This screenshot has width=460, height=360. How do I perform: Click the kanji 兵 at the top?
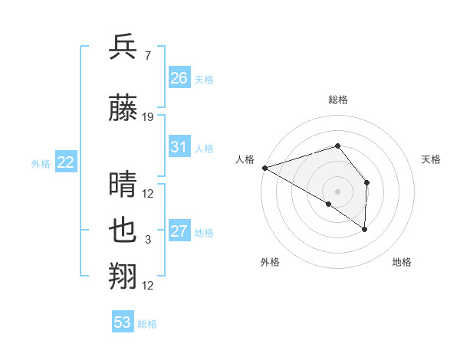click(x=123, y=47)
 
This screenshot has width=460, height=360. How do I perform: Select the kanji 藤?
click(x=123, y=110)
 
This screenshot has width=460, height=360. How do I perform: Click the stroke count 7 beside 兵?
click(x=147, y=56)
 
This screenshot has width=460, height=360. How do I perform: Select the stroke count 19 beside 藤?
click(x=148, y=117)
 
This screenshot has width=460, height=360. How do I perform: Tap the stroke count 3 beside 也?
click(x=148, y=240)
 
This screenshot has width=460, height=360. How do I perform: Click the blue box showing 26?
click(x=179, y=77)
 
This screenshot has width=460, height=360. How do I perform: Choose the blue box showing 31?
click(x=179, y=147)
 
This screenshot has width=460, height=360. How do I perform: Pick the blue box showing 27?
click(x=179, y=231)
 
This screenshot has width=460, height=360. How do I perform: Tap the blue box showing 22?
click(x=66, y=162)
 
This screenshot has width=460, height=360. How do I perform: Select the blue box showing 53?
click(x=123, y=322)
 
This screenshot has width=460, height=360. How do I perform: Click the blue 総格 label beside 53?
click(x=147, y=324)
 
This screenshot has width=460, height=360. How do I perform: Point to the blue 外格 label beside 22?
click(x=41, y=163)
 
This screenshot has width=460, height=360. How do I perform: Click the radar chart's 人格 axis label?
click(x=245, y=159)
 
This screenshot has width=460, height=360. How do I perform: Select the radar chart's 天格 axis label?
click(x=432, y=159)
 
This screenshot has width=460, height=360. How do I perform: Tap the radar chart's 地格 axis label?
click(x=402, y=262)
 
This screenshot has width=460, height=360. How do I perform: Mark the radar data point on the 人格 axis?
click(x=264, y=168)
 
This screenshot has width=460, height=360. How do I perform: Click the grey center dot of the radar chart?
click(x=337, y=191)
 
